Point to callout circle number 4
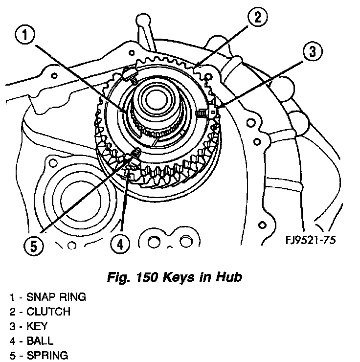pyautogui.click(x=120, y=243)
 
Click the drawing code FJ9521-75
pyautogui.click(x=312, y=240)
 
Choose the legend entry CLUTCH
pyautogui.click(x=48, y=312)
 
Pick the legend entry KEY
pyautogui.click(x=37, y=326)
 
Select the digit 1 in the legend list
pyautogui.click(x=11, y=297)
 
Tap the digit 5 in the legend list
pyautogui.click(x=11, y=355)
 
